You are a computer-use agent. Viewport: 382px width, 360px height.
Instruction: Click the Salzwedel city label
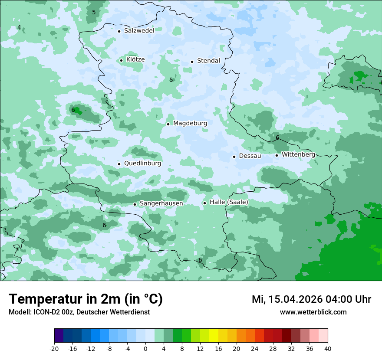[x=139, y=31]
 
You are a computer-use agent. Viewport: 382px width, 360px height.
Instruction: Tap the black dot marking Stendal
[x=192, y=61]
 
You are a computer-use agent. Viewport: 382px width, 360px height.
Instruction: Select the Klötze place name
[x=135, y=59]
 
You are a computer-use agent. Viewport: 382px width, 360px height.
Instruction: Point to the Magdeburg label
[x=190, y=123]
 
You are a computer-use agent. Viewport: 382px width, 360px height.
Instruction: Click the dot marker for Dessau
[x=234, y=157]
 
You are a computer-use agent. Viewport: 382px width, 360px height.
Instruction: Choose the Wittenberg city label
[x=298, y=154]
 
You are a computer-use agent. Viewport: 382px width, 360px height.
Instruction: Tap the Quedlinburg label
[x=142, y=164]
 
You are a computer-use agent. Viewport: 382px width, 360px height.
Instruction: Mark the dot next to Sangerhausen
[x=135, y=204]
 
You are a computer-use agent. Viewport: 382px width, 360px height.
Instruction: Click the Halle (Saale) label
[x=229, y=202]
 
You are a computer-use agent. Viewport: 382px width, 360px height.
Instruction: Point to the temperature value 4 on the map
[x=19, y=27]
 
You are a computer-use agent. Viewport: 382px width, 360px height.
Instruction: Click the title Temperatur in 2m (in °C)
[x=86, y=299]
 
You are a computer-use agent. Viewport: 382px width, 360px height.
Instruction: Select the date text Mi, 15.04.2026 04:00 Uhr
[x=311, y=299]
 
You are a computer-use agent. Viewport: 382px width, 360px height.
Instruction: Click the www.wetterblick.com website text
[x=313, y=312]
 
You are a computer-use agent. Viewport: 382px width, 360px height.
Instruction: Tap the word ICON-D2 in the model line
[x=43, y=312]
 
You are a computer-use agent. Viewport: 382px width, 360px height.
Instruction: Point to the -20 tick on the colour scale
[x=54, y=348]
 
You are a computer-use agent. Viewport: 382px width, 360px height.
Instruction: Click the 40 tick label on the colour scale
[x=328, y=348]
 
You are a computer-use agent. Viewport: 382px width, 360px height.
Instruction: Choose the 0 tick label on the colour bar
[x=145, y=348]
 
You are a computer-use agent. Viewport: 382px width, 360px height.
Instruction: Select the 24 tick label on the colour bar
[x=255, y=348]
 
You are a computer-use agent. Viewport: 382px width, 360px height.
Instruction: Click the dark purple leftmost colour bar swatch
[x=59, y=336]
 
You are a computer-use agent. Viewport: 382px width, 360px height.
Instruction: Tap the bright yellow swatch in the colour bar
[x=214, y=336]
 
